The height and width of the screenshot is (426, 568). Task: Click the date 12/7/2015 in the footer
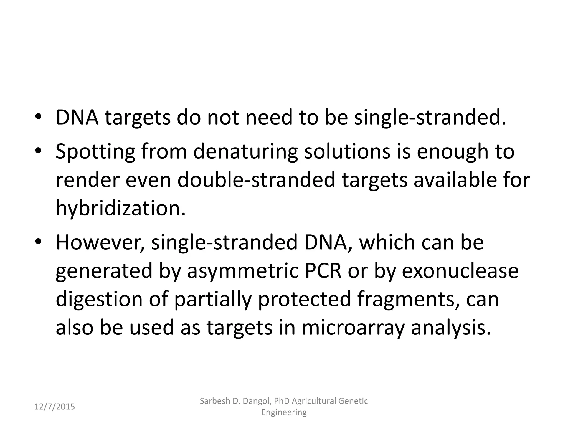click(55, 407)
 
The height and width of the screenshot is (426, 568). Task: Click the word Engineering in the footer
click(284, 412)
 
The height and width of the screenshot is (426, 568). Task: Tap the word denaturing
click(245, 152)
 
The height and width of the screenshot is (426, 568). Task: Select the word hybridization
click(120, 209)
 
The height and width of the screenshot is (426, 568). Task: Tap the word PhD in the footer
click(280, 401)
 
